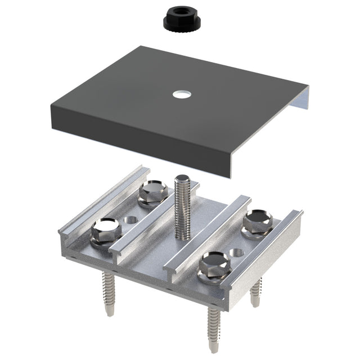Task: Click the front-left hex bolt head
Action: tap(106, 229)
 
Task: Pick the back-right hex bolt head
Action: tap(258, 220)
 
